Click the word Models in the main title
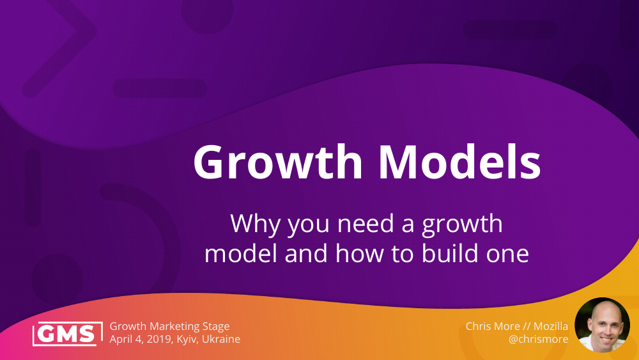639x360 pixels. (459, 162)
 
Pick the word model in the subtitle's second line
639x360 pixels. (241, 254)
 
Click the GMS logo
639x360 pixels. (68, 333)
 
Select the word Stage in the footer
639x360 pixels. (215, 327)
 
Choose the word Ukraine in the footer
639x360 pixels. (220, 339)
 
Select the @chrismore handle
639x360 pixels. (538, 339)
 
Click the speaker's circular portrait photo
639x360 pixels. (602, 325)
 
